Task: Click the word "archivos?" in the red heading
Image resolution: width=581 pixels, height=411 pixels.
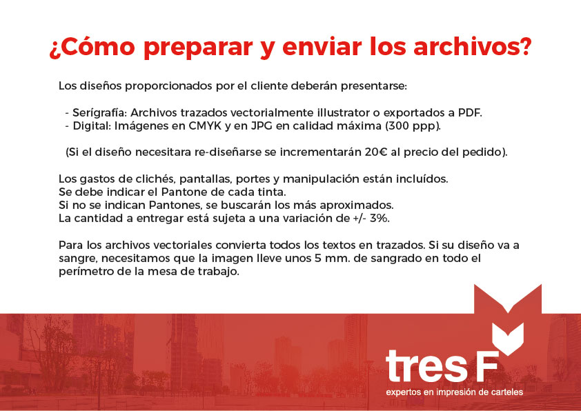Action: (473, 47)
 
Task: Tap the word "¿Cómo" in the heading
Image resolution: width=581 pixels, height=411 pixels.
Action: (92, 47)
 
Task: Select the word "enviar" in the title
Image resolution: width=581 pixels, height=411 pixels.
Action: (322, 47)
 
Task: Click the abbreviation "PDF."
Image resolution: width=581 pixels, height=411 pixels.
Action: (470, 112)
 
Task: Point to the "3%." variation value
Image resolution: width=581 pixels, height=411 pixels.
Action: (380, 218)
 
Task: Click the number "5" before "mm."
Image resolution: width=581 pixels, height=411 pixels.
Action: (318, 259)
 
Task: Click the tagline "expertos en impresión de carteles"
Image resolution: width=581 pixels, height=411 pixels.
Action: (454, 392)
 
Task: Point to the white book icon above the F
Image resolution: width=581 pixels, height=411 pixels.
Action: (507, 338)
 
